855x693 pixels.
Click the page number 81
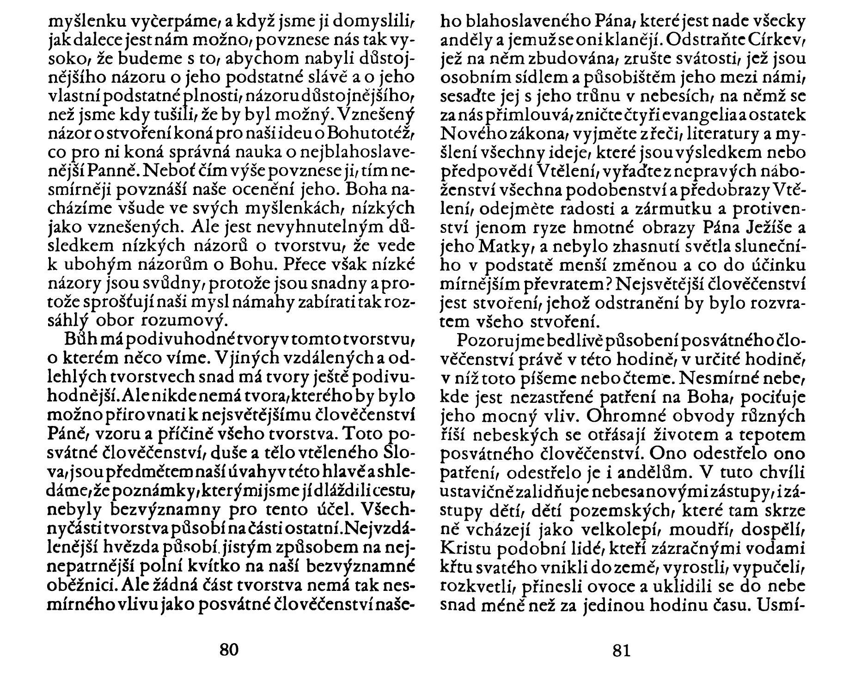click(621, 650)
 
